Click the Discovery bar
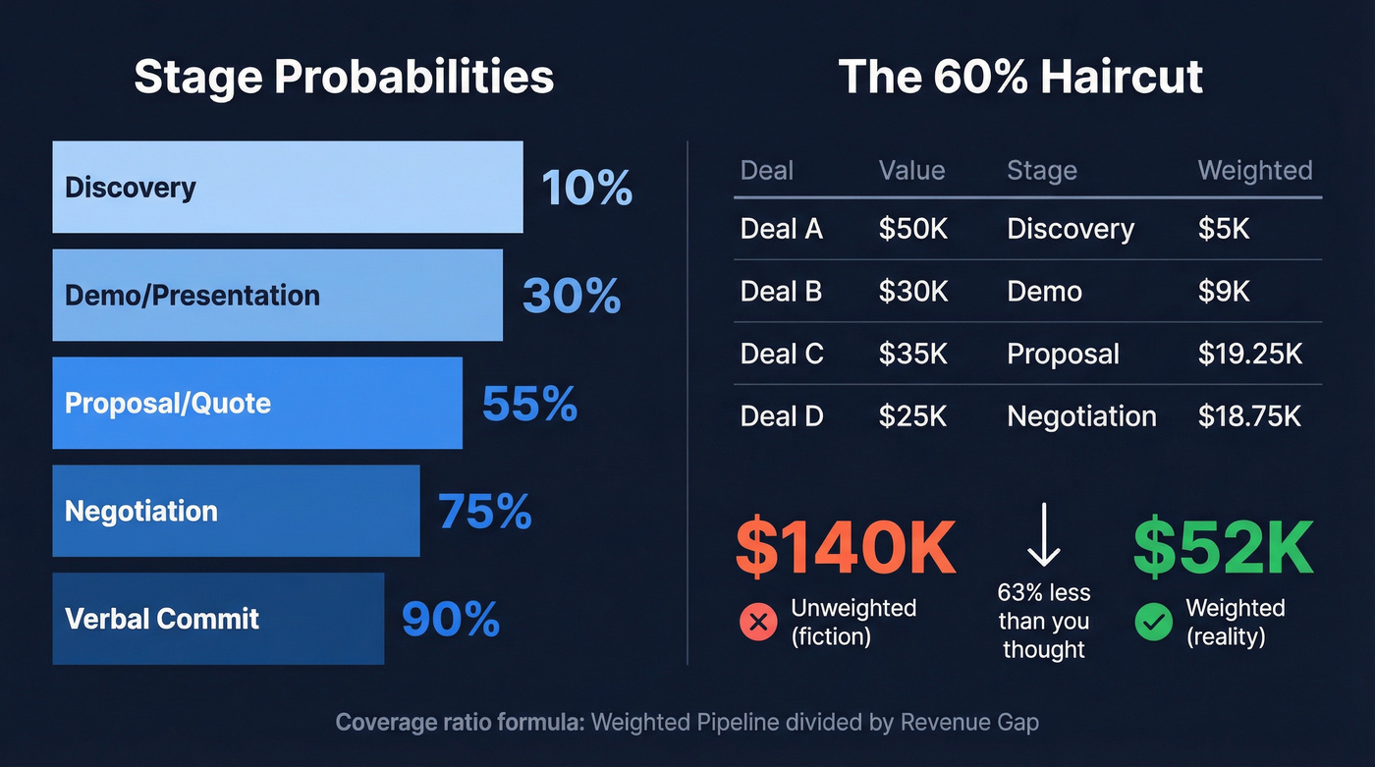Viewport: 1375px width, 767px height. click(287, 187)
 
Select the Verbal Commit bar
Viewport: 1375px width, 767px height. click(218, 619)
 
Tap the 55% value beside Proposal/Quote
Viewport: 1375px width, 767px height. click(528, 403)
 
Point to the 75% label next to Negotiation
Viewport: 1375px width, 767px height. click(484, 511)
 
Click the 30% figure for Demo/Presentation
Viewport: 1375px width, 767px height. click(571, 295)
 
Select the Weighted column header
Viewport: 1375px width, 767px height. click(1254, 170)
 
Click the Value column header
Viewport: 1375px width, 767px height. click(911, 170)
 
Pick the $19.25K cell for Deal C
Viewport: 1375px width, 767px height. click(1249, 354)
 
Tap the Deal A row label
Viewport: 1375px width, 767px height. click(781, 229)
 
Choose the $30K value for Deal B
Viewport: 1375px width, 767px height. click(912, 292)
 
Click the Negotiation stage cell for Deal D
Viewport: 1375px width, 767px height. click(1081, 416)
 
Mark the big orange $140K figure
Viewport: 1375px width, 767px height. click(846, 550)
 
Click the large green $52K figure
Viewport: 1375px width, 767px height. click(1223, 550)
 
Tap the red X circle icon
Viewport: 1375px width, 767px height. click(757, 622)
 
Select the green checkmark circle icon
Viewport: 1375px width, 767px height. click(1153, 622)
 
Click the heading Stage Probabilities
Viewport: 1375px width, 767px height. click(344, 77)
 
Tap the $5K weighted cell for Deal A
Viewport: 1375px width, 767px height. click(1223, 229)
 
